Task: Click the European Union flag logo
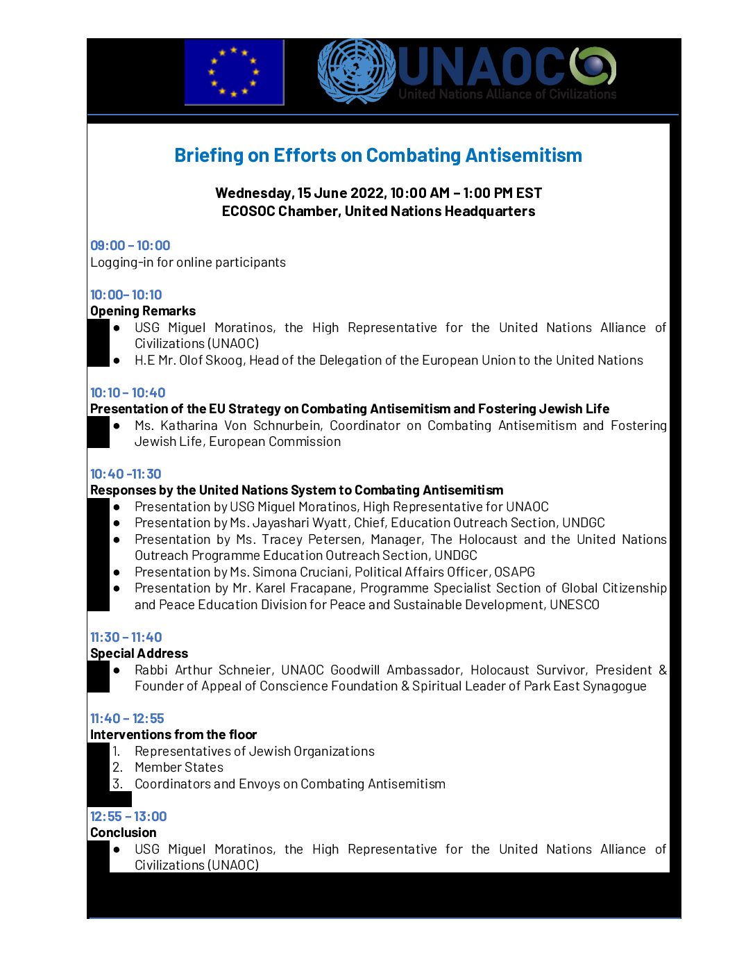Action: click(234, 72)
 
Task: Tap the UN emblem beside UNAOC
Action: click(356, 71)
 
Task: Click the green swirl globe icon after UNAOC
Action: click(593, 66)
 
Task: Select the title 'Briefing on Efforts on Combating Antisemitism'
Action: click(378, 156)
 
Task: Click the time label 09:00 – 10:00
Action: click(130, 245)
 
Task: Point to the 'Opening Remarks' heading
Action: click(143, 310)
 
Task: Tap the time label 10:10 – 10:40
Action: click(128, 392)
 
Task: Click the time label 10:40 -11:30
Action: click(126, 474)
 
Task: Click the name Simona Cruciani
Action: click(300, 572)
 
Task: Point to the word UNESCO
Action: click(575, 604)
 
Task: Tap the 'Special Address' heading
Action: click(139, 653)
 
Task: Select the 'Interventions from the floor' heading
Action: click(173, 734)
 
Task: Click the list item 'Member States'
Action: click(179, 767)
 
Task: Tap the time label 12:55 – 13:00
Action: click(128, 816)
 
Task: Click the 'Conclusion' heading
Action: click(124, 832)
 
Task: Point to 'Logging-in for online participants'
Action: click(188, 262)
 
